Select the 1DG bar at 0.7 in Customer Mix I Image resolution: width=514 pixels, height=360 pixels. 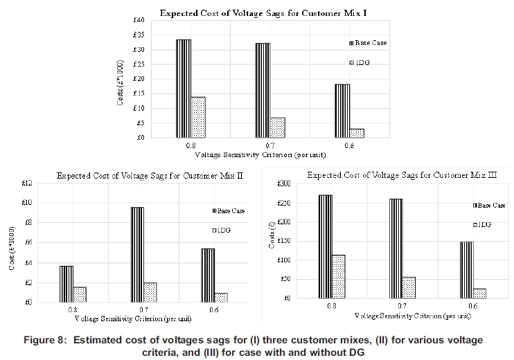[x=277, y=127]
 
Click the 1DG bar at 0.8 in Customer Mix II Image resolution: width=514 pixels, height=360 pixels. [x=80, y=295]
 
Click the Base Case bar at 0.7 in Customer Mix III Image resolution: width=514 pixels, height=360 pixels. [x=396, y=249]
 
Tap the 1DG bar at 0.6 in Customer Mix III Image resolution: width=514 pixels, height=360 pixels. [x=479, y=294]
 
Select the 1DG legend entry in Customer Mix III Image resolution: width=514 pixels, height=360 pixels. [x=482, y=225]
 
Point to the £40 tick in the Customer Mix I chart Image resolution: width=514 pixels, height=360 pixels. [x=139, y=20]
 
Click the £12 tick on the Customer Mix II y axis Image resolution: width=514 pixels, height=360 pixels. [x=27, y=183]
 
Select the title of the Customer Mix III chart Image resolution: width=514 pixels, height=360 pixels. [x=402, y=175]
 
